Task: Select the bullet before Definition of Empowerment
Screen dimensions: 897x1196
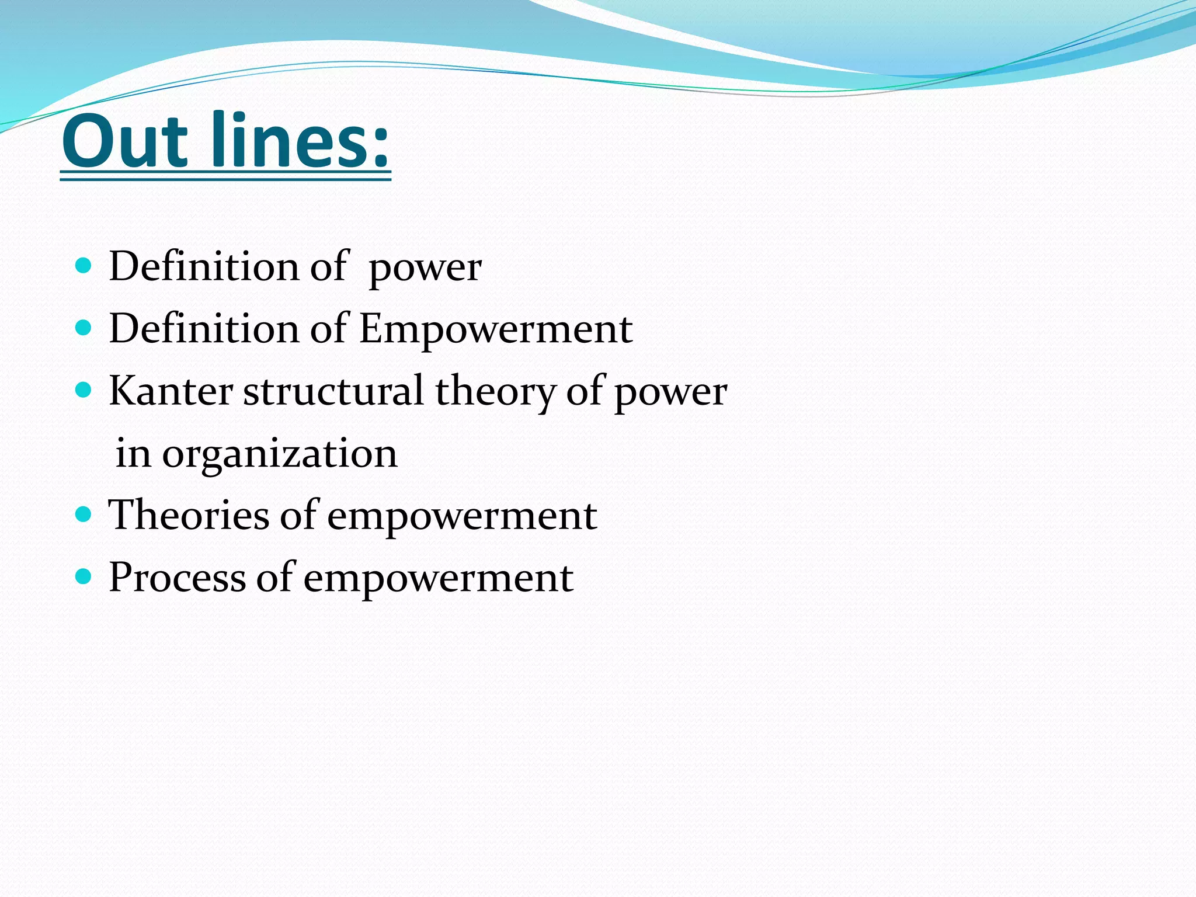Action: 84,328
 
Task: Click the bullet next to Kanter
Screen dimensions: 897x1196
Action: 84,390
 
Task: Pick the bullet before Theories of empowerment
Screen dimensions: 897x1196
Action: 84,514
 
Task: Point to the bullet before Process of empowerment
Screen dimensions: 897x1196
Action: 84,577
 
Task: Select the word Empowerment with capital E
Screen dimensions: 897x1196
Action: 495,329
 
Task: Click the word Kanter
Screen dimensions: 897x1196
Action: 171,391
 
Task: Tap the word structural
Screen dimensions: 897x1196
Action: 333,391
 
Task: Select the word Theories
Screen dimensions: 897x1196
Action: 189,516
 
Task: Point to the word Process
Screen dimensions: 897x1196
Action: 177,578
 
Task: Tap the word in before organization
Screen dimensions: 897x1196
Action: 133,453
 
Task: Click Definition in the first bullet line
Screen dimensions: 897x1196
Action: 204,267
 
